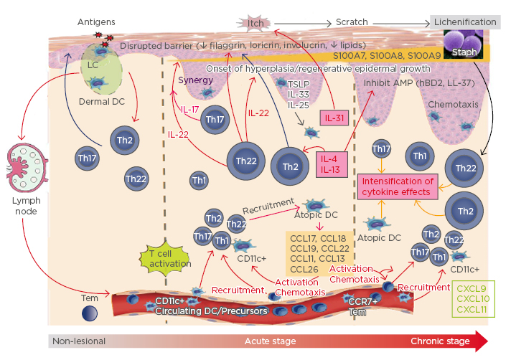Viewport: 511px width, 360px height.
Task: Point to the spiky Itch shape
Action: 256,22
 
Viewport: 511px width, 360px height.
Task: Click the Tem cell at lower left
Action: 90,313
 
